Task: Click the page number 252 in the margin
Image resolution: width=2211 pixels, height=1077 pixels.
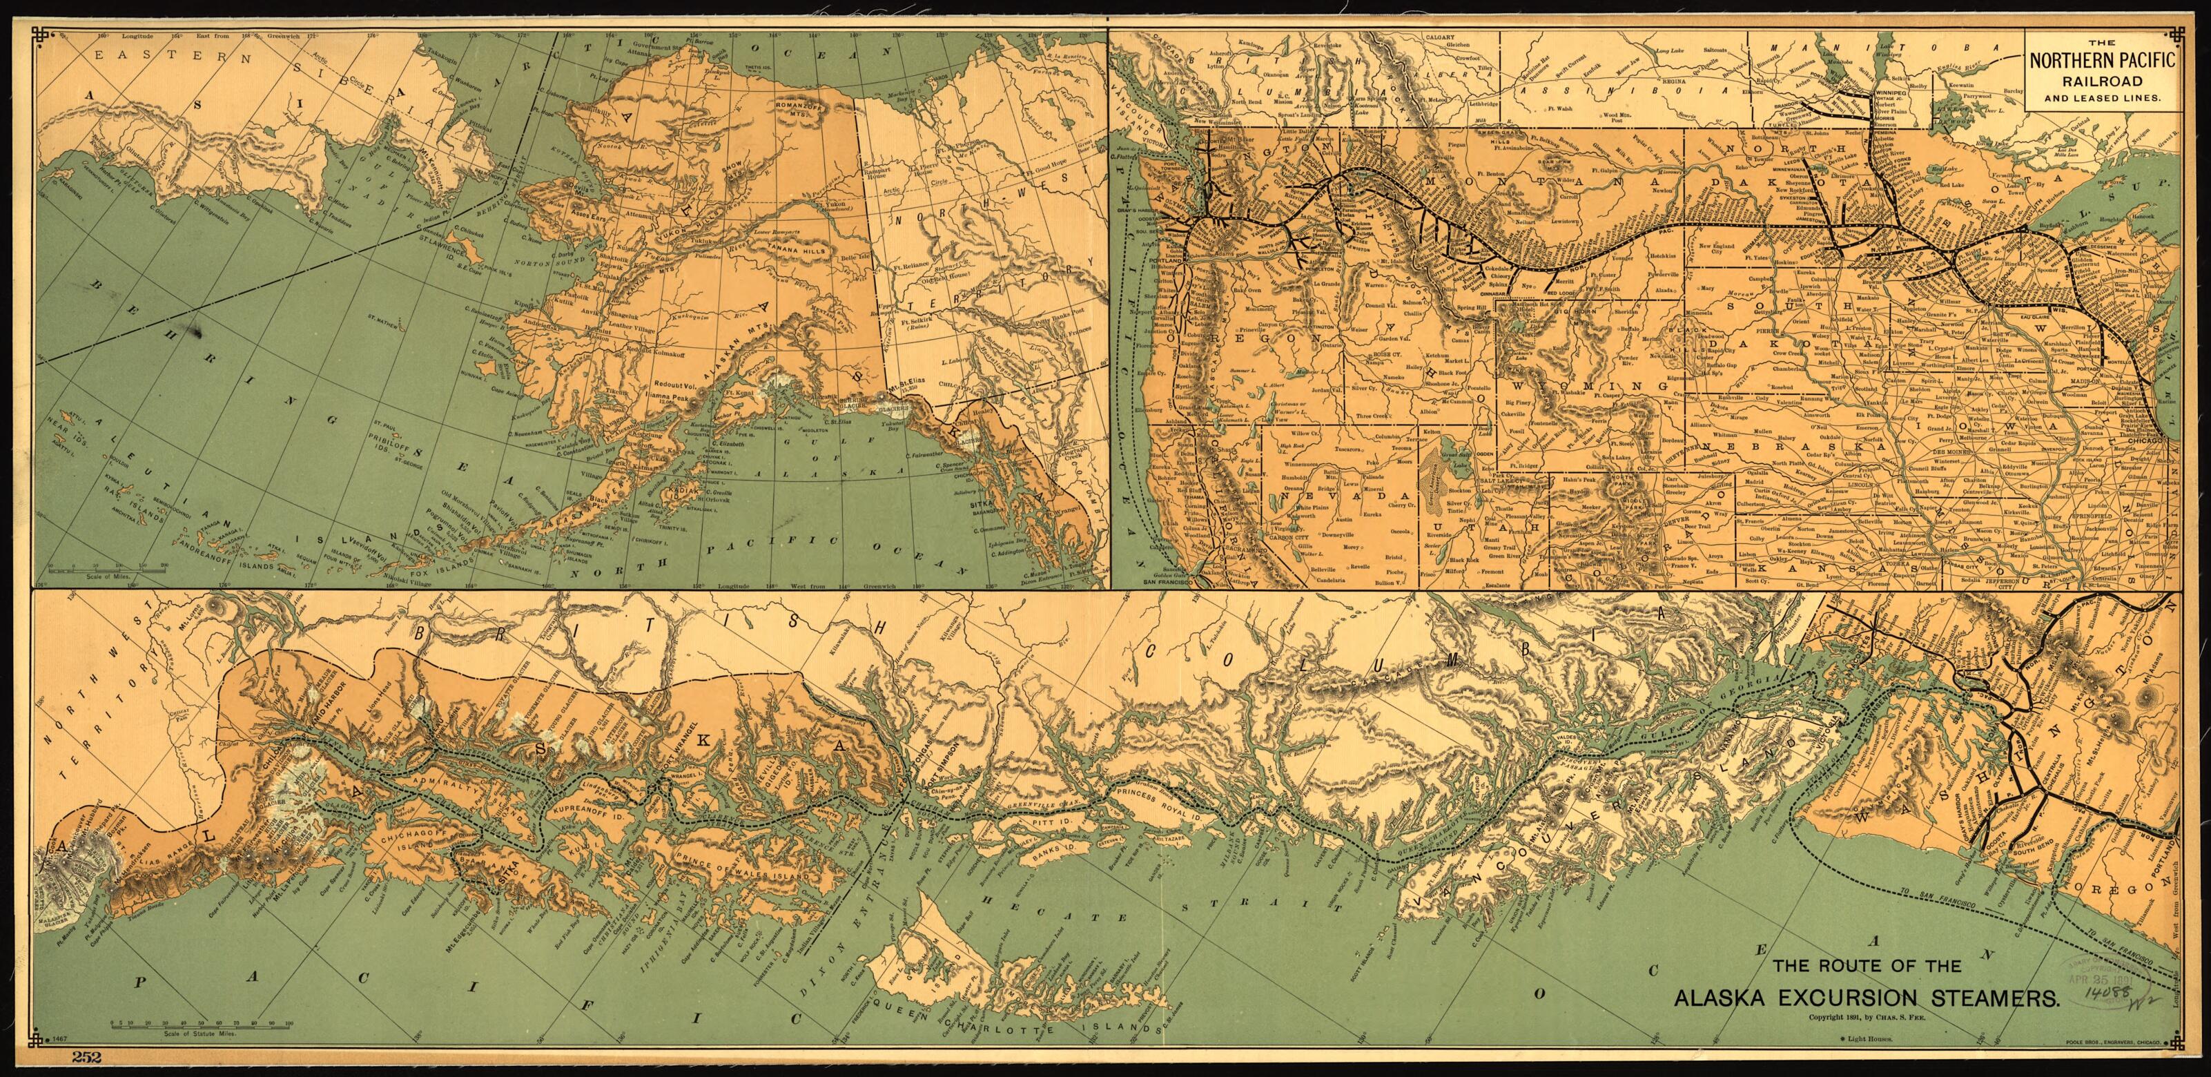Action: click(88, 1056)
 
